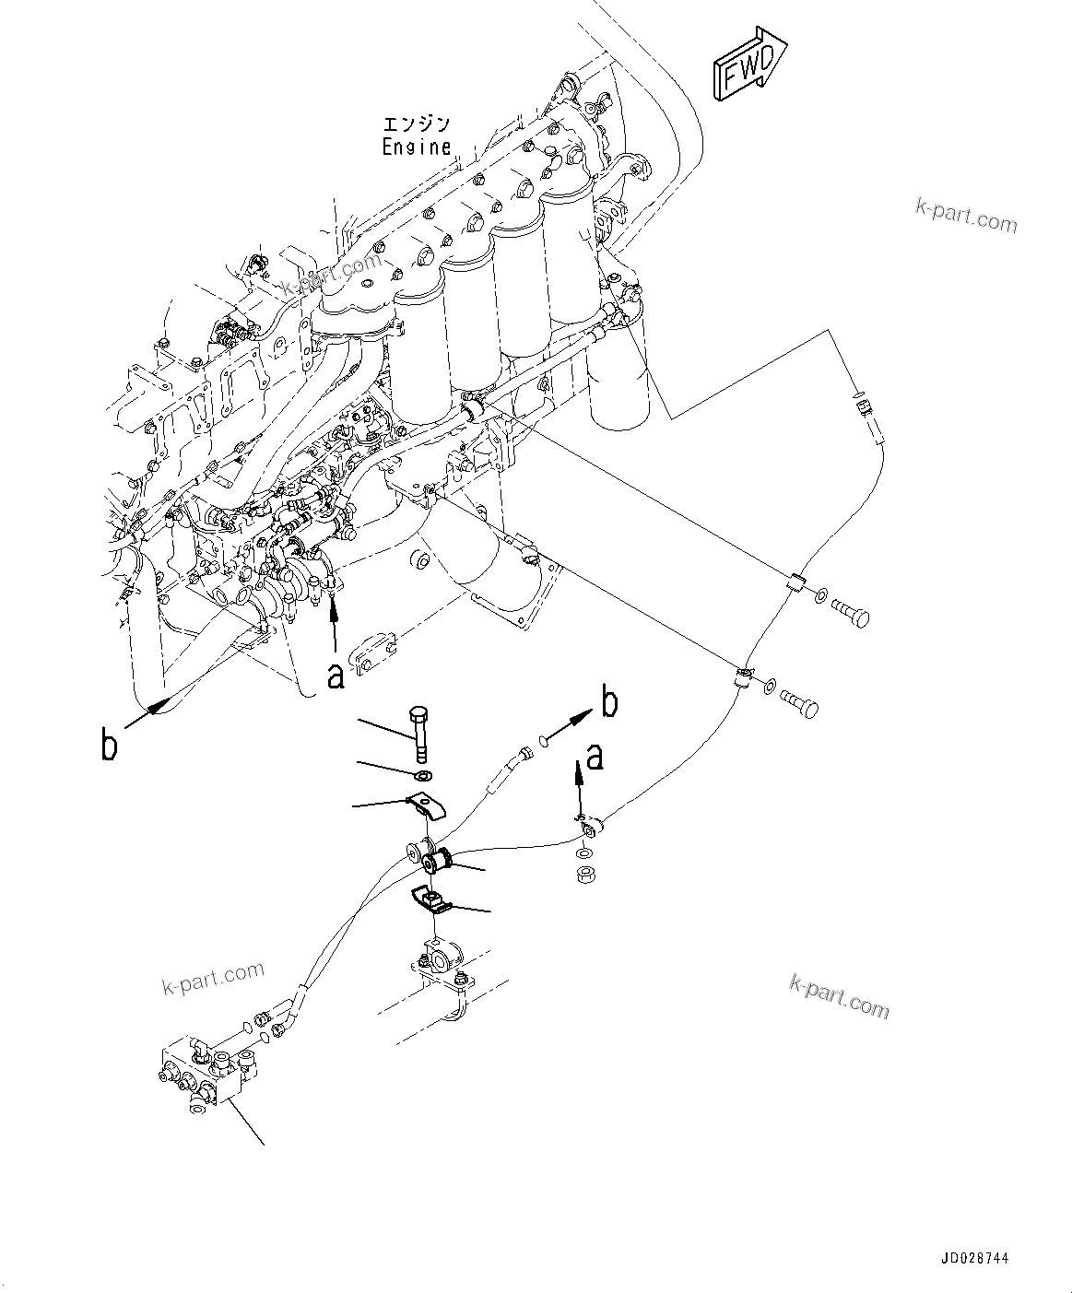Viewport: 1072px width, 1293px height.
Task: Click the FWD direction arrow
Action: tap(748, 64)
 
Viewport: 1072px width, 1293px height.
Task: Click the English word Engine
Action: tap(417, 147)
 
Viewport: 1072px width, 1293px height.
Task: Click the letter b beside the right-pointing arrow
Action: tap(609, 703)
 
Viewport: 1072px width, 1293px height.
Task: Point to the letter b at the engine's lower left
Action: tap(110, 744)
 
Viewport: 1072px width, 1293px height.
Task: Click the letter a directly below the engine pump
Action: tap(336, 675)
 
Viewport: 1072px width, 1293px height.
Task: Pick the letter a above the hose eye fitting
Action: tap(595, 757)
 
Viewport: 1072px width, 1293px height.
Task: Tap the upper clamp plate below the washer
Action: tap(426, 807)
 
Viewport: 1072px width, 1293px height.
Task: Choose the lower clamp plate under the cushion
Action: tap(429, 899)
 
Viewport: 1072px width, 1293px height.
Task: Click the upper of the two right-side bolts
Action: tap(850, 612)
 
